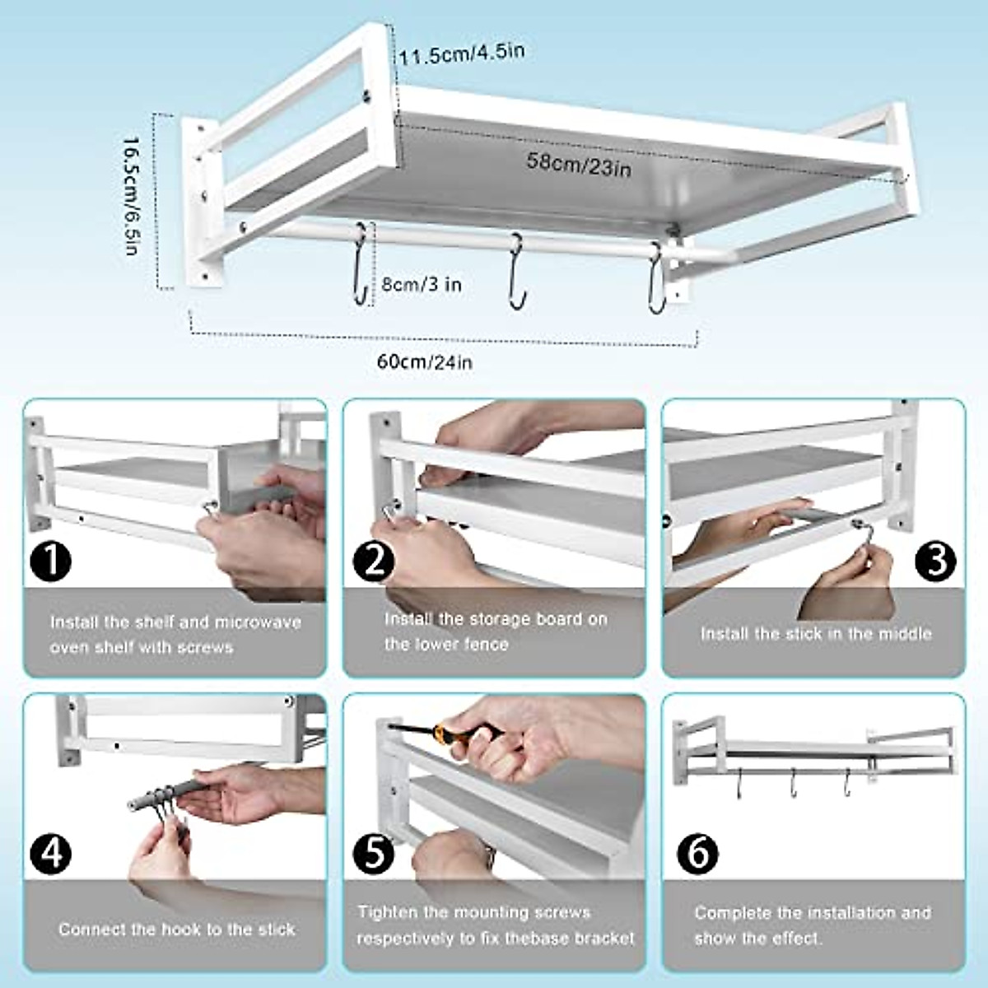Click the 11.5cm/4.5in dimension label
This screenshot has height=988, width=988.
(x=462, y=54)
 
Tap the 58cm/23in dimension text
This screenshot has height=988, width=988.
(x=579, y=163)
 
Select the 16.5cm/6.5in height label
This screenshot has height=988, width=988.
(x=131, y=196)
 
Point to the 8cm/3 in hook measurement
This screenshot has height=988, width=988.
(x=421, y=284)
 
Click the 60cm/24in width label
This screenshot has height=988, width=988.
(x=425, y=361)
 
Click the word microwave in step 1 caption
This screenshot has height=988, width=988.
(x=257, y=622)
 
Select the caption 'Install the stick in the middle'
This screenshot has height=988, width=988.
(x=816, y=633)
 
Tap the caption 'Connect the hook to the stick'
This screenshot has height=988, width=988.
(x=176, y=930)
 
